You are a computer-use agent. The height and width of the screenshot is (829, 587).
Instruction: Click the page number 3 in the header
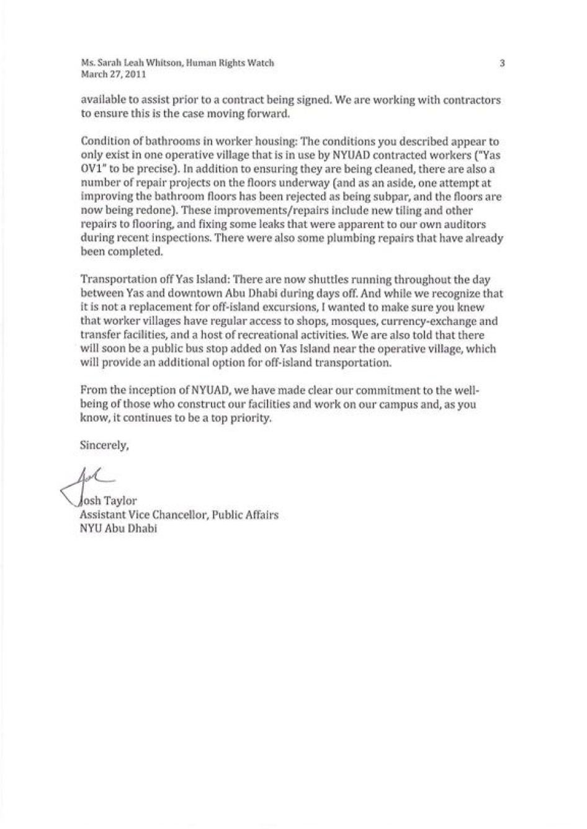tap(502, 63)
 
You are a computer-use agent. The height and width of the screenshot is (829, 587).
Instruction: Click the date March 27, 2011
tap(114, 74)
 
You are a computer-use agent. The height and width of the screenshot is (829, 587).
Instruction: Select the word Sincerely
tap(104, 445)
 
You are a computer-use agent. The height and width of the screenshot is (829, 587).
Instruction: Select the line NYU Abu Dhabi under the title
tap(119, 529)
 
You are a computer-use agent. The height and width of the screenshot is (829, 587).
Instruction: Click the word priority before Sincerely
tap(251, 418)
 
